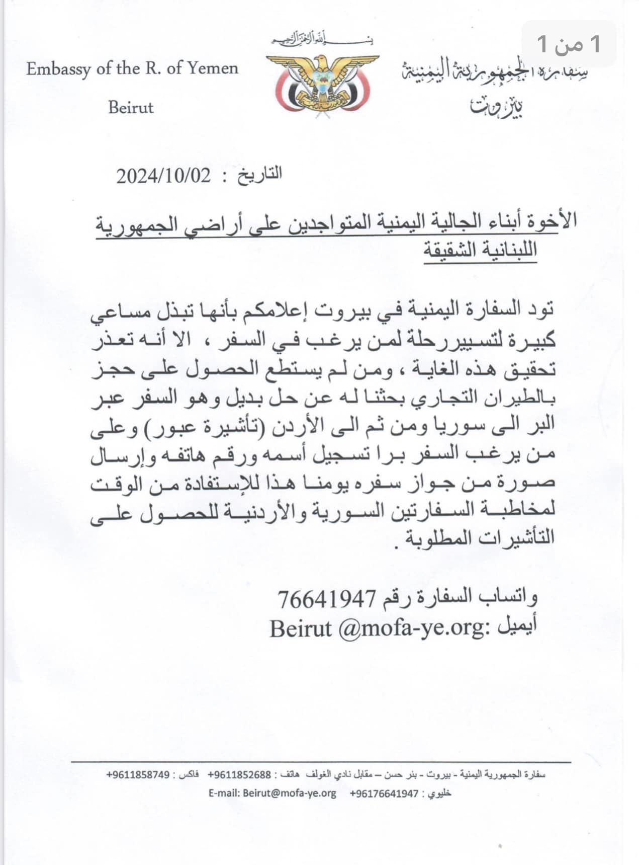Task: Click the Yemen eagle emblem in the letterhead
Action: (x=322, y=83)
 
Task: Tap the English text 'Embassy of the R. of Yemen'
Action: (x=132, y=68)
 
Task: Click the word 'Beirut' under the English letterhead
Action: (x=131, y=107)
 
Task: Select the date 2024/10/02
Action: (x=163, y=176)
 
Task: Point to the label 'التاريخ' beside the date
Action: (x=259, y=175)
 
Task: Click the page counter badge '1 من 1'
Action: (x=569, y=44)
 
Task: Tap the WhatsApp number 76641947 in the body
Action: (x=327, y=598)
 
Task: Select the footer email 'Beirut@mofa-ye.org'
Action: (x=289, y=793)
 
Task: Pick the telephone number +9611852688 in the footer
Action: (x=239, y=774)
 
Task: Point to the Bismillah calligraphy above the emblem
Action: (x=322, y=39)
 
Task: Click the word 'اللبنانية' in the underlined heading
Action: (x=508, y=249)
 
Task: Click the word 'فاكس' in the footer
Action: (x=189, y=774)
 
